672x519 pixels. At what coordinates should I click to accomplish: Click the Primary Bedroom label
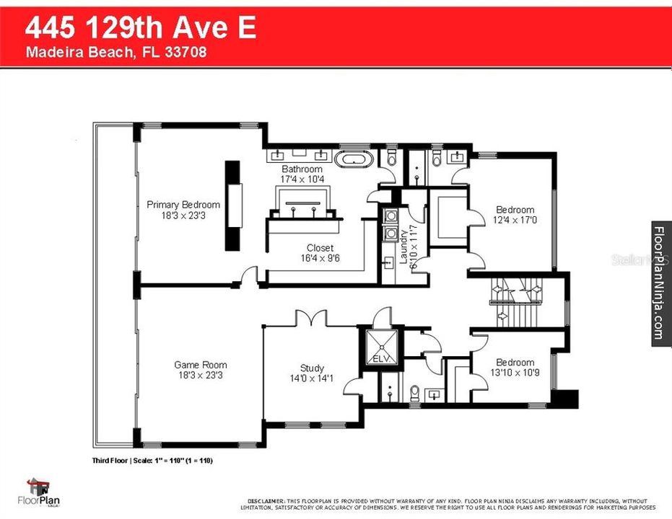(183, 205)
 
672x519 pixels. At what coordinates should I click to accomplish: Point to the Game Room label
(200, 365)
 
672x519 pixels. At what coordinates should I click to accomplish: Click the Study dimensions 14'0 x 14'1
(312, 378)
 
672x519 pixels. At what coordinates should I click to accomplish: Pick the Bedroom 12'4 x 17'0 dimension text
(515, 220)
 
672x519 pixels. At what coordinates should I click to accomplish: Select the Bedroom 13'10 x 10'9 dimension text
(515, 373)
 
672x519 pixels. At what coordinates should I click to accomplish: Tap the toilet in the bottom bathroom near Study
(414, 393)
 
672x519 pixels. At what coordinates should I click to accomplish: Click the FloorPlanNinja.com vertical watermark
(660, 283)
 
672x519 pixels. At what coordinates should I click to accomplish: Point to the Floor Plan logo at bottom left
(45, 492)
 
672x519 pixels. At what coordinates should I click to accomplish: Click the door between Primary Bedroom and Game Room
(250, 276)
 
